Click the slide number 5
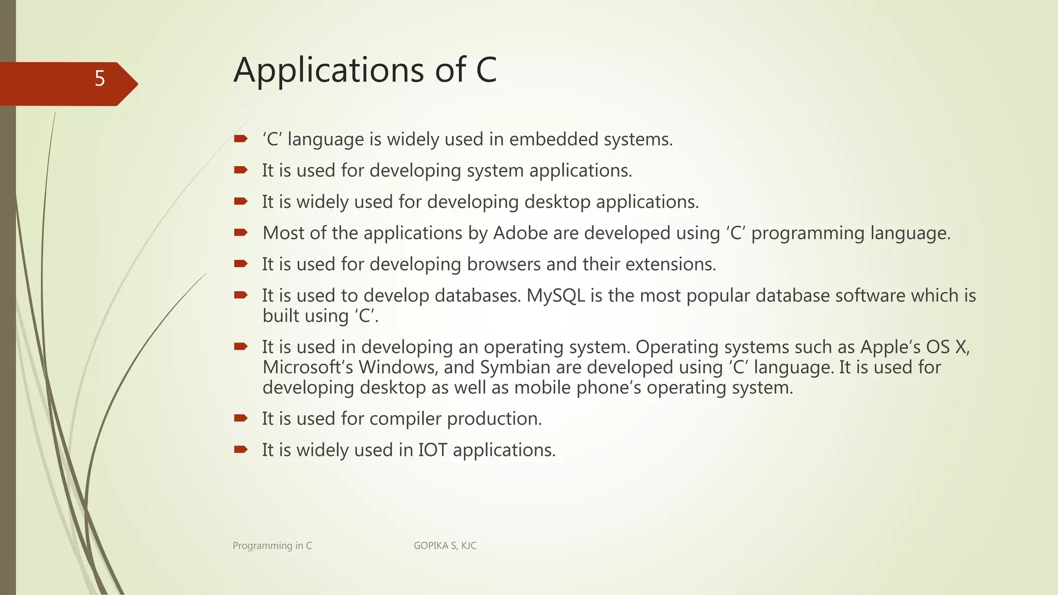point(100,79)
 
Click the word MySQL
point(555,295)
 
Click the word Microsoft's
point(307,367)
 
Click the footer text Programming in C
point(272,545)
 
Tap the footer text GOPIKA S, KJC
point(445,545)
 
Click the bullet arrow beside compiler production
point(241,418)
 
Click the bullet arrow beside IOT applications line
point(241,449)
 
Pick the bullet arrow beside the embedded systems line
point(241,138)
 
